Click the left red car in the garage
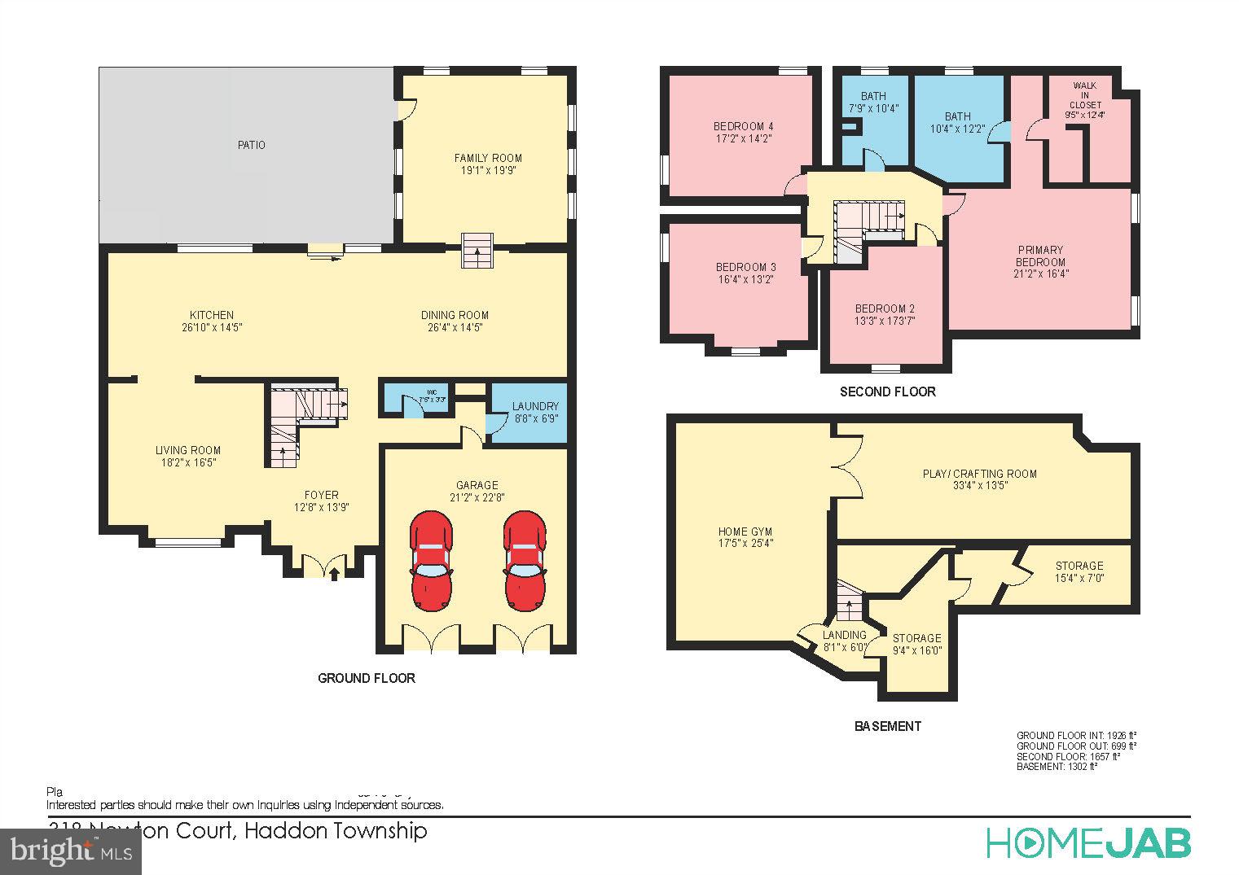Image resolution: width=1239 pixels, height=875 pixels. (x=432, y=561)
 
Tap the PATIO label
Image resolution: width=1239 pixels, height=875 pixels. (x=251, y=145)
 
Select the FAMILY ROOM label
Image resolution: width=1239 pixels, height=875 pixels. (x=488, y=158)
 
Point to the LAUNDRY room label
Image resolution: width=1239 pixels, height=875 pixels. (x=535, y=406)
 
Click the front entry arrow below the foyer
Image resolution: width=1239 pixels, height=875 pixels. (x=334, y=572)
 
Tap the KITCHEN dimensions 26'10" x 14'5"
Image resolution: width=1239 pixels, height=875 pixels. (x=212, y=327)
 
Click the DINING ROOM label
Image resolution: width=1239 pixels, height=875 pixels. (x=455, y=315)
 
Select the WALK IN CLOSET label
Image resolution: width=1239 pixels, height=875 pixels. (x=1084, y=95)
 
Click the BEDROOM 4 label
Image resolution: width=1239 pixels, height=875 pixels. (x=743, y=126)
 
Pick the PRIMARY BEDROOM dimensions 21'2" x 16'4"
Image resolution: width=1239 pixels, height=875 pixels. (x=1040, y=273)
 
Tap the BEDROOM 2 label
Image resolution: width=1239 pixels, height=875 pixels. (x=885, y=308)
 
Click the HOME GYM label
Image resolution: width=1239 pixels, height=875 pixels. (x=745, y=532)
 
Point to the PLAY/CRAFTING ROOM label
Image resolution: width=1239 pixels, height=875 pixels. (x=980, y=474)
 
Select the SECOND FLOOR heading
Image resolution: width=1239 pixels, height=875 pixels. (x=887, y=392)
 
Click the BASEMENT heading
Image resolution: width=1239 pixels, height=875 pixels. (x=887, y=726)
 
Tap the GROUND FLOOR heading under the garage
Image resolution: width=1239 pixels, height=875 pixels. (x=366, y=678)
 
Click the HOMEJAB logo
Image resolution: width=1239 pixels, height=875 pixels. (x=1088, y=843)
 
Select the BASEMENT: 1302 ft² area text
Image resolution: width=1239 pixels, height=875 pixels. (x=1057, y=767)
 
